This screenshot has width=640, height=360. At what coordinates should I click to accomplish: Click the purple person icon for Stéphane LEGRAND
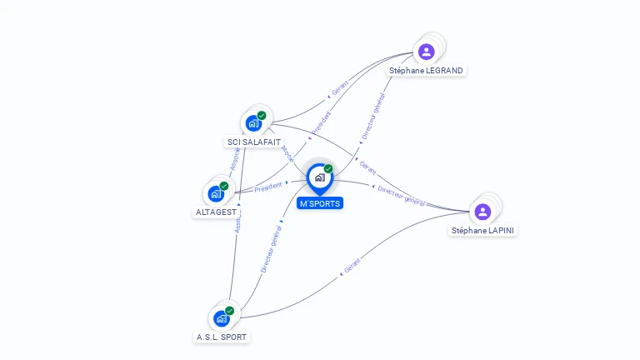point(427,52)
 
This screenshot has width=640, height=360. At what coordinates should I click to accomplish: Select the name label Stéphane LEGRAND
point(426,71)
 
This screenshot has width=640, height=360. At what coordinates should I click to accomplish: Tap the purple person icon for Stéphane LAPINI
point(482,212)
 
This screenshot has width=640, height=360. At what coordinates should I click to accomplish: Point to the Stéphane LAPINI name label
point(483,230)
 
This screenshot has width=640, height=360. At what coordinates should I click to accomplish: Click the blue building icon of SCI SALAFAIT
point(253,124)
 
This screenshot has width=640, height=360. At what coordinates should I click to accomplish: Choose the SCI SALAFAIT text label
point(254,142)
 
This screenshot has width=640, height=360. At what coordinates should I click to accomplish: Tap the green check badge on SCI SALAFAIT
point(262,116)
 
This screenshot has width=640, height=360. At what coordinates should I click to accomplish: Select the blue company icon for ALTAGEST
point(216,194)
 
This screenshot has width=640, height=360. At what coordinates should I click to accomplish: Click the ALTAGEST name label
point(216,212)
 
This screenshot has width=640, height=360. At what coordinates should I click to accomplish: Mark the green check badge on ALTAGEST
point(224,186)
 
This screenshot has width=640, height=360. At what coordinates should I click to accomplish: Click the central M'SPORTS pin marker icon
point(319,177)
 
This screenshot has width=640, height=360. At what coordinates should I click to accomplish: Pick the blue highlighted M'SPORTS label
point(320,203)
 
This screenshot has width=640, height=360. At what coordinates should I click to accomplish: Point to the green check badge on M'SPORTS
point(328,168)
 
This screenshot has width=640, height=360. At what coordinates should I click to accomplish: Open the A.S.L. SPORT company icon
point(221,318)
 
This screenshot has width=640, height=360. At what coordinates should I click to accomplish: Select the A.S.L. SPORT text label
point(222,337)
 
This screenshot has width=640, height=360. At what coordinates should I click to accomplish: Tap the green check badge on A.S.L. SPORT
point(230,311)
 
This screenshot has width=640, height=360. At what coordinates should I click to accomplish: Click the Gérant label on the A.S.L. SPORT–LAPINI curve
point(352,267)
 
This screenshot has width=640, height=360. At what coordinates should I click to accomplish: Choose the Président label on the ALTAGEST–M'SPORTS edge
point(268,187)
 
